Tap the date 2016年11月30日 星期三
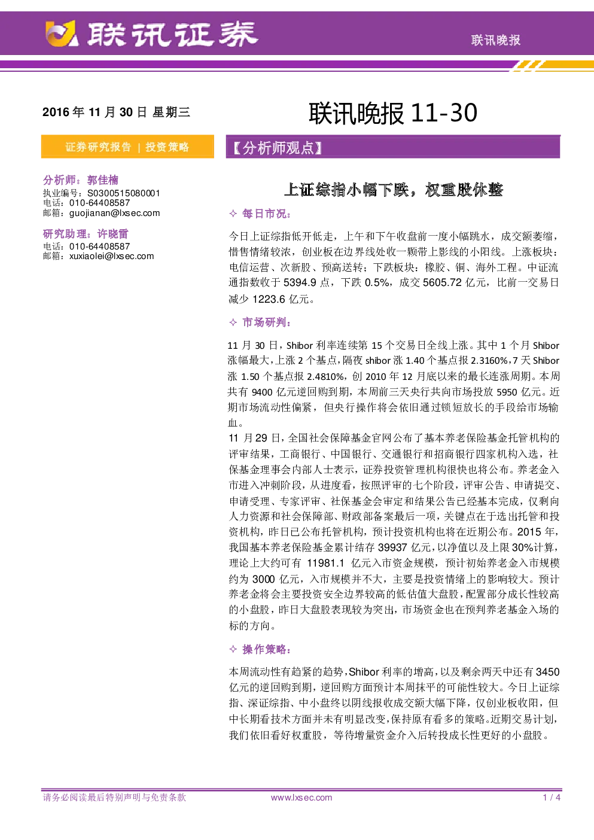pos(116,112)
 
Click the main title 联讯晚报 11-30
pos(393,113)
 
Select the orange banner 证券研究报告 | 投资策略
pos(127,147)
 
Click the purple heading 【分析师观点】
pos(278,148)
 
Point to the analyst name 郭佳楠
pos(103,180)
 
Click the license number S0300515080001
pos(124,193)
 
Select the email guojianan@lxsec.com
pos(115,213)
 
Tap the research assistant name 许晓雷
pos(113,234)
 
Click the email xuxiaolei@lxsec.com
pos(112,256)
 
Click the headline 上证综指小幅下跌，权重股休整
pos(393,190)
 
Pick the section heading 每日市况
pos(266,214)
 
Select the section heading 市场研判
pos(266,322)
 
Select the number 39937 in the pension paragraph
pos(392,547)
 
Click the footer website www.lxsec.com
pos(301,798)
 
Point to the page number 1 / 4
pos(552,798)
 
